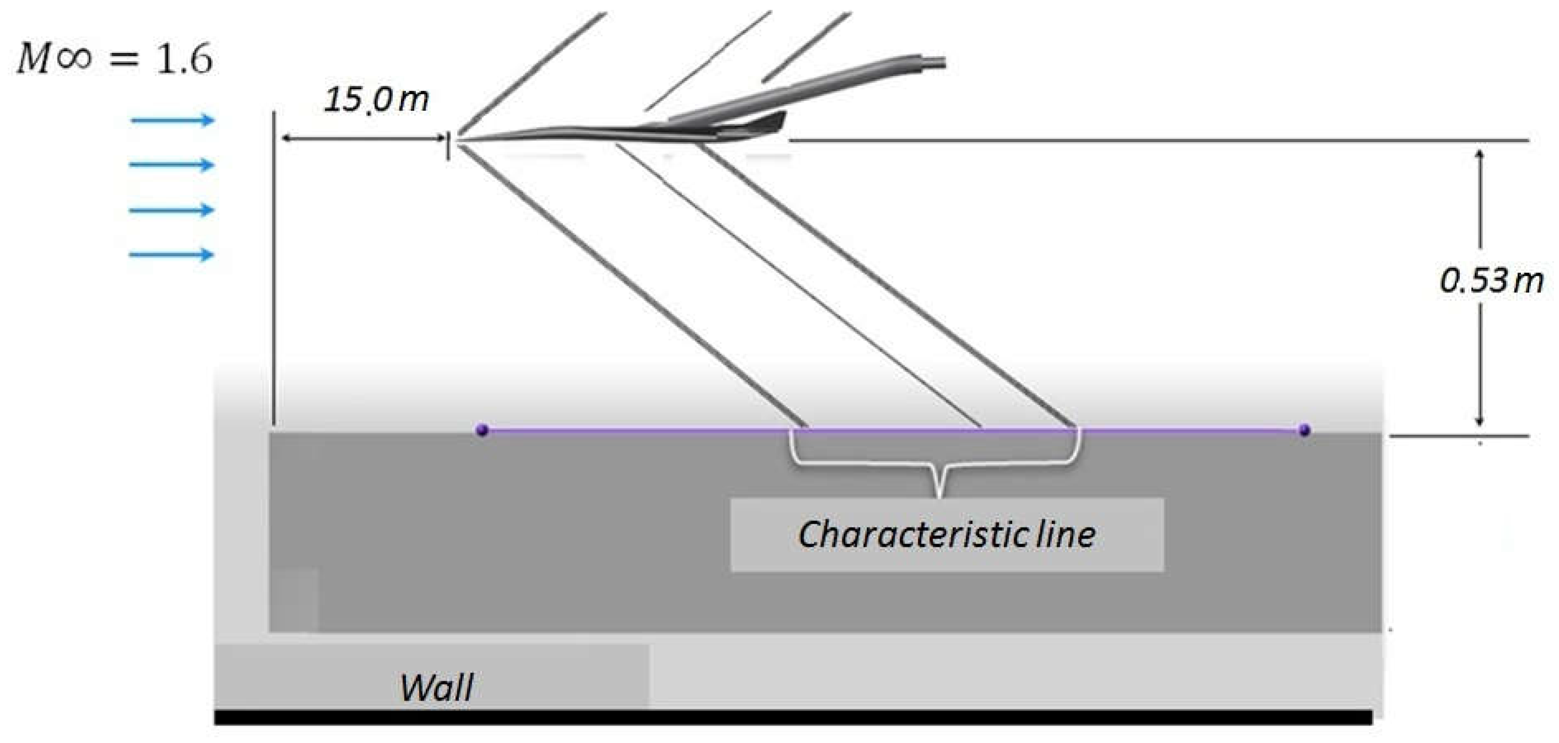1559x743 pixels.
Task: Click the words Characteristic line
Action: coord(946,535)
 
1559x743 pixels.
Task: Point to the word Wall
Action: coord(436,687)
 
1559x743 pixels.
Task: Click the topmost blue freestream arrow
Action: coord(172,120)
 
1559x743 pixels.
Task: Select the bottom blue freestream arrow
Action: coord(172,254)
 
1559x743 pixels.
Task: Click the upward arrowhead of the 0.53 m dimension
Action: coord(1480,154)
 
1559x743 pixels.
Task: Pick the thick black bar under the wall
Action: coord(793,718)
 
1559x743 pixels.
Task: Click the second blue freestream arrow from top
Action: coord(172,165)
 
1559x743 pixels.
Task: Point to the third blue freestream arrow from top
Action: coord(172,210)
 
